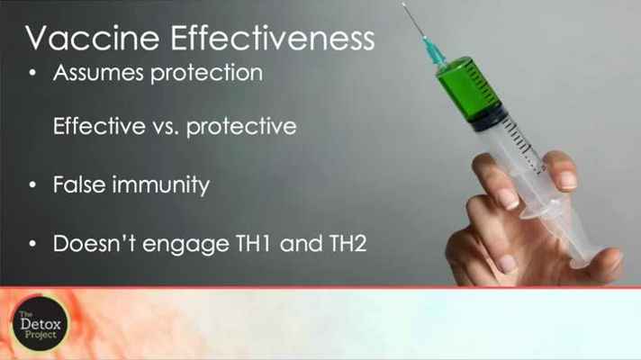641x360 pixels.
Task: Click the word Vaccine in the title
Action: [93, 38]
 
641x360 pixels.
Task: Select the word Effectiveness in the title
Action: [273, 38]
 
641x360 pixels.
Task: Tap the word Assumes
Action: [98, 73]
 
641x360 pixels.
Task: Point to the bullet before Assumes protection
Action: [32, 73]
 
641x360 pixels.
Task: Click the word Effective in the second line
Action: [99, 125]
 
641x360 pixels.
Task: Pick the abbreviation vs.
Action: [166, 128]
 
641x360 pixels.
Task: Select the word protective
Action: [241, 127]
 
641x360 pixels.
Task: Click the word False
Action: [80, 184]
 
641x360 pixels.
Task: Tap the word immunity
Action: [161, 185]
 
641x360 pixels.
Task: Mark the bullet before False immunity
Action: [32, 184]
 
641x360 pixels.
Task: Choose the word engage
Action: [186, 245]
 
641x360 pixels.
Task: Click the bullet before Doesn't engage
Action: [32, 244]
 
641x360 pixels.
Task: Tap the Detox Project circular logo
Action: [40, 324]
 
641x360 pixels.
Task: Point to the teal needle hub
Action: [433, 52]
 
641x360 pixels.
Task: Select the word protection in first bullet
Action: [207, 74]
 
